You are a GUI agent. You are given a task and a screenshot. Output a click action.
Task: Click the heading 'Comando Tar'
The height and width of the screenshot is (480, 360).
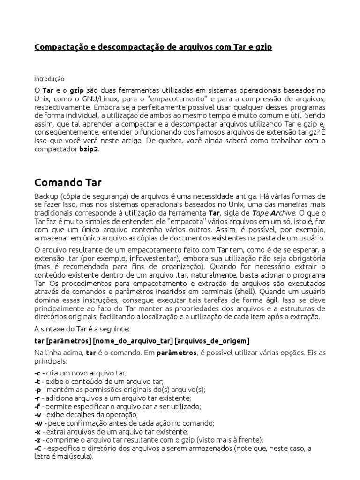pos(68,182)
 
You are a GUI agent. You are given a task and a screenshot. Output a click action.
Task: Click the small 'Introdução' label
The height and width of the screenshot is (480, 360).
pos(49,79)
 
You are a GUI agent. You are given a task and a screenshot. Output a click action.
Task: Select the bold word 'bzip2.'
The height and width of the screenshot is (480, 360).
pos(89,150)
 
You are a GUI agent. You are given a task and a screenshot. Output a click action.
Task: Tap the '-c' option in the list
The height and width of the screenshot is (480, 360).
pos(37,374)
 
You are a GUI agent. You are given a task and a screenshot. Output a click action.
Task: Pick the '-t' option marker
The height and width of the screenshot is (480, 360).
pos(37,382)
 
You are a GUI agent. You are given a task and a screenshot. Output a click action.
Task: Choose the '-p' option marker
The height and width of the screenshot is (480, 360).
pos(37,390)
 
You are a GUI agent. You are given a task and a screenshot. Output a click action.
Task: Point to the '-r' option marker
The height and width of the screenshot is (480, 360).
pos(37,398)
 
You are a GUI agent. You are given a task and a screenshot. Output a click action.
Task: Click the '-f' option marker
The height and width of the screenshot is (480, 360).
pos(37,406)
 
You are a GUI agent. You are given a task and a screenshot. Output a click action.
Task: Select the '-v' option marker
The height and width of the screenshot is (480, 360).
pos(37,415)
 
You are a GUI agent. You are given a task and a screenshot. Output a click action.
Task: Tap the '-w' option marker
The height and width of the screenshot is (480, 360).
pos(38,423)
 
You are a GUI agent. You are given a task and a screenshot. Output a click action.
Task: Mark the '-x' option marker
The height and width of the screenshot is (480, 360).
pos(37,431)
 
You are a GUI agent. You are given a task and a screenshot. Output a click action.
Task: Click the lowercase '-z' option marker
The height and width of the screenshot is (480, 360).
pos(37,440)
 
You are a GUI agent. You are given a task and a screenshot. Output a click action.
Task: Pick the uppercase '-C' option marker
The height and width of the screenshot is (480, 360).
pos(37,448)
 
